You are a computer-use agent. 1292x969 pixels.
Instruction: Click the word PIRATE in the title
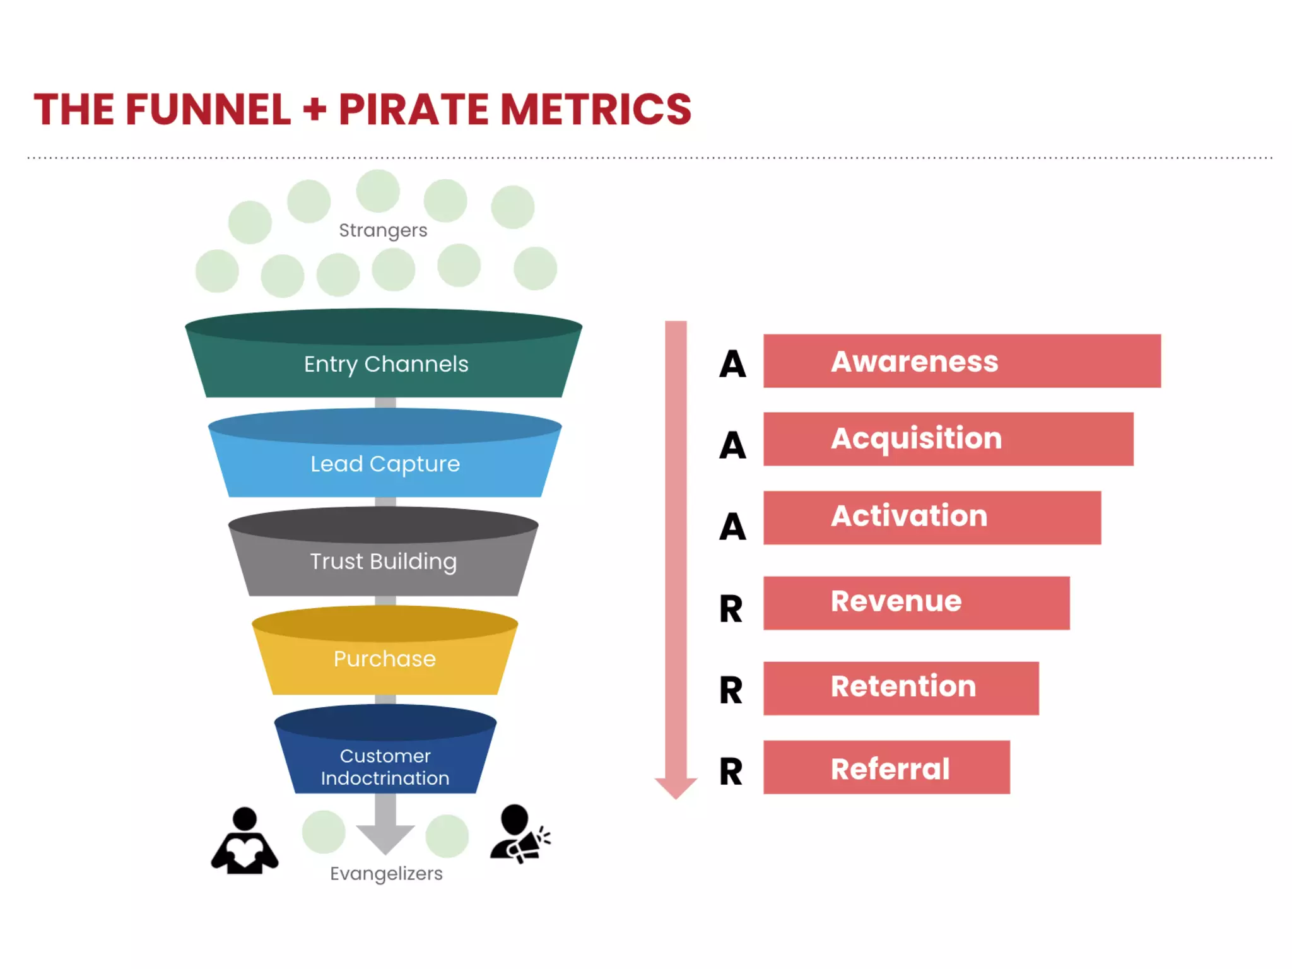[x=413, y=110]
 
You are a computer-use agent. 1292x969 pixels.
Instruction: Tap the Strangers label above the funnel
[x=383, y=230]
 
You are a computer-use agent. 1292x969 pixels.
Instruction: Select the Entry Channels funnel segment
[x=385, y=364]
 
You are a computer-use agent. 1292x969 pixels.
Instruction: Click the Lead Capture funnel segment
[x=385, y=464]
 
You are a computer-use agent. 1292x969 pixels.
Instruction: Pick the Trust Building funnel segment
[x=384, y=561]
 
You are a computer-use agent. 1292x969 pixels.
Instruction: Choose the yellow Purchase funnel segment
[x=385, y=659]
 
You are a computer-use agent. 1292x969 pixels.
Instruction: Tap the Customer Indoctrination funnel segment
[x=385, y=766]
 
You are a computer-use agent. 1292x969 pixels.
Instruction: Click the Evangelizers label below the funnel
[x=386, y=874]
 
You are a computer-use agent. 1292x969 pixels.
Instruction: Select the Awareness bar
[x=961, y=361]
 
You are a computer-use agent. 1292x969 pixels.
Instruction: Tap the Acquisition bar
[x=948, y=439]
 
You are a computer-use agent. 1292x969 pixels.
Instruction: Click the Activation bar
[x=932, y=517]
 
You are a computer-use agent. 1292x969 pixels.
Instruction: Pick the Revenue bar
[x=916, y=602]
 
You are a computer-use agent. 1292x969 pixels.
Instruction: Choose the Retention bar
[x=901, y=688]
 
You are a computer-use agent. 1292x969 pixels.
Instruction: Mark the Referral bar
[x=886, y=766]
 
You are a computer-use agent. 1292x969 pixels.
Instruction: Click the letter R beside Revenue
[x=731, y=609]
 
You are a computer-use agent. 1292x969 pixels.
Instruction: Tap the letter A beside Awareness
[x=732, y=364]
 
